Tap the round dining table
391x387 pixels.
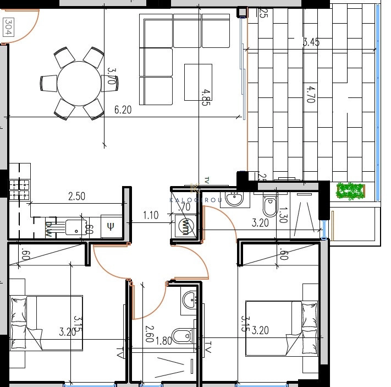[79, 83]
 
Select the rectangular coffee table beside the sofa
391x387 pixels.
[198, 83]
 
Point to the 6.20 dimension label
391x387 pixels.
[123, 110]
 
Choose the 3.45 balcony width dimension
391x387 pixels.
[312, 41]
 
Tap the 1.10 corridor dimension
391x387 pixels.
[151, 215]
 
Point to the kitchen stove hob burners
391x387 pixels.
[19, 189]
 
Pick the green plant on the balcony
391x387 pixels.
[350, 190]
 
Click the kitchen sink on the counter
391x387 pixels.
[74, 226]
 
